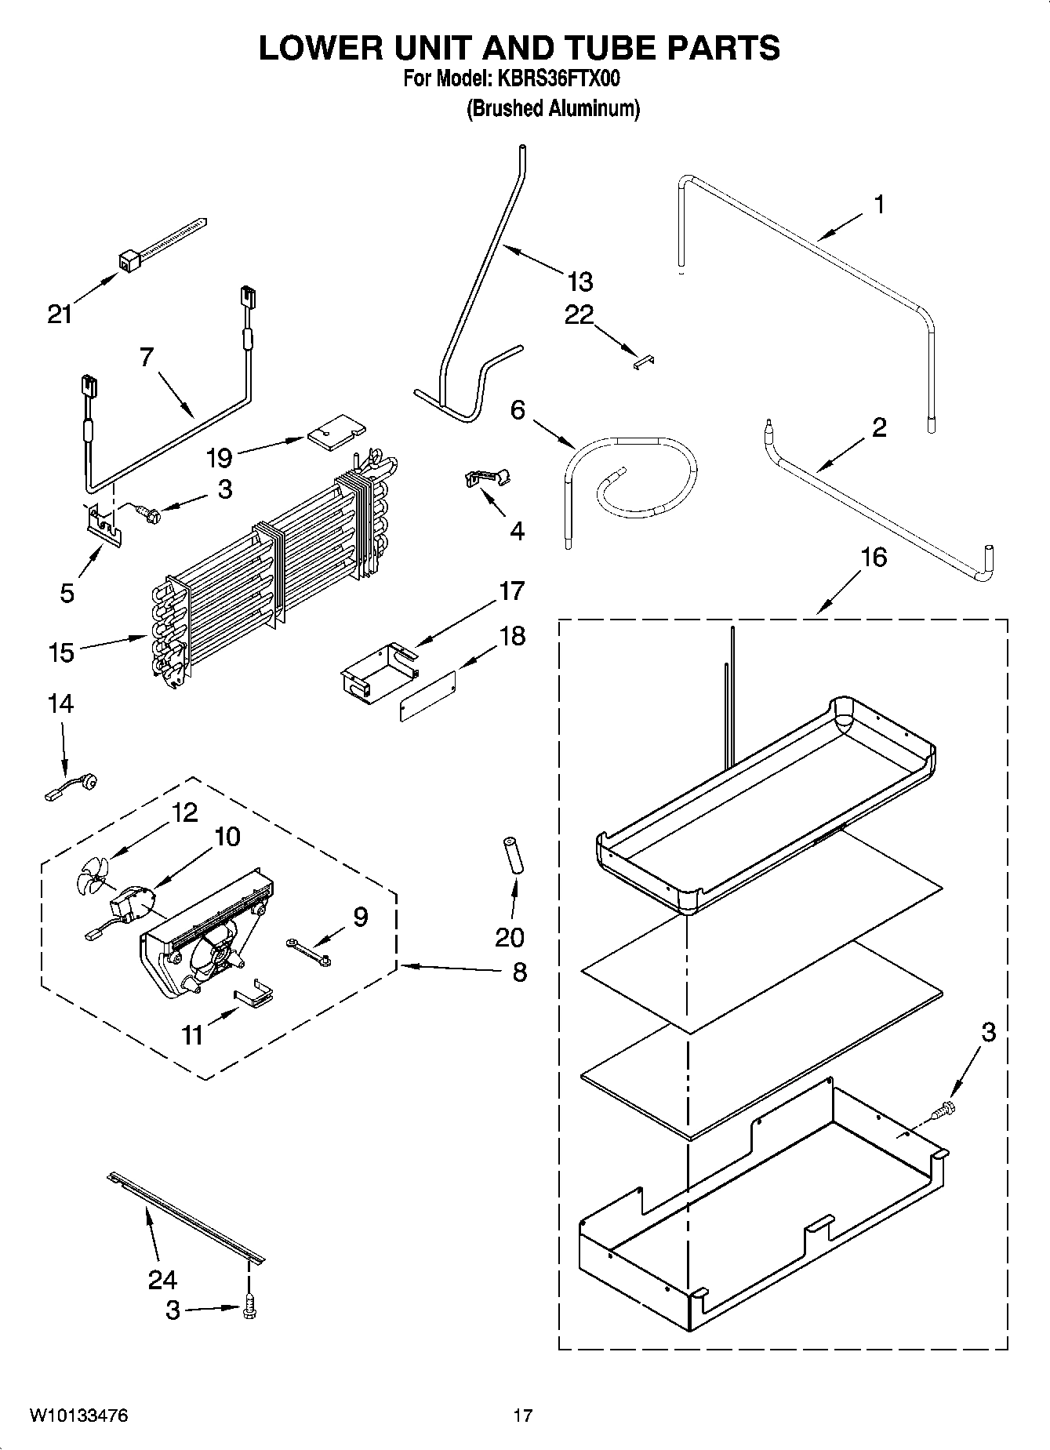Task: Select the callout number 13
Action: click(x=580, y=281)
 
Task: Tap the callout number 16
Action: click(x=874, y=558)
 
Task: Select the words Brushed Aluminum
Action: click(x=554, y=108)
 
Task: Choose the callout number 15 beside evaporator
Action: click(x=60, y=652)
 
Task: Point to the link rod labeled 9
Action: click(x=308, y=950)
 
